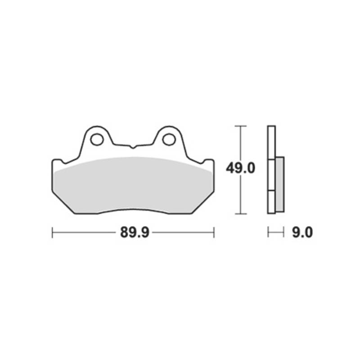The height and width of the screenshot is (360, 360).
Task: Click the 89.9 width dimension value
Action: point(135,232)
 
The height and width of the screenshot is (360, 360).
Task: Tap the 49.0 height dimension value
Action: point(240,168)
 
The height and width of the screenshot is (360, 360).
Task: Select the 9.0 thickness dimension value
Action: point(302,232)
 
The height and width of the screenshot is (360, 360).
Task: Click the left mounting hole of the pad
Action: point(97,139)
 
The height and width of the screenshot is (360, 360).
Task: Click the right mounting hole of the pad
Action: point(169,139)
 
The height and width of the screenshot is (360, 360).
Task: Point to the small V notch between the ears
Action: point(133,147)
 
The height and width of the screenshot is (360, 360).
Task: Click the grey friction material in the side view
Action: point(280,184)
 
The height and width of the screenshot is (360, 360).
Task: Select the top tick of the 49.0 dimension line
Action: point(240,126)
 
